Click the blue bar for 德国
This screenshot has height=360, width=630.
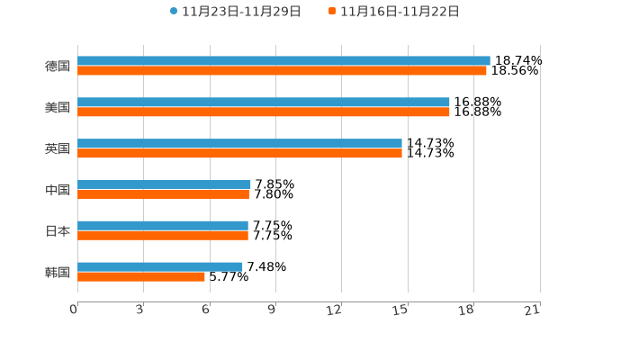tap(283, 61)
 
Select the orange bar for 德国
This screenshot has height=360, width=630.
tap(282, 70)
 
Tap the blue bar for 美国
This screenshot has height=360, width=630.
tap(264, 103)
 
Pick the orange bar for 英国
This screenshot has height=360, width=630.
tap(239, 153)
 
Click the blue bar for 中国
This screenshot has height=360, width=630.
tap(164, 184)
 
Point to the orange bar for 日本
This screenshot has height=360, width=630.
tap(163, 235)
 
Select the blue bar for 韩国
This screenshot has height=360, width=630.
tap(160, 266)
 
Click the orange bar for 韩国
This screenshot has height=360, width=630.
tap(141, 276)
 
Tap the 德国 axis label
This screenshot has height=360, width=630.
tap(58, 66)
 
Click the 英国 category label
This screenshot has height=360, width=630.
tap(58, 148)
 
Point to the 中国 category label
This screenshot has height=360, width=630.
tap(58, 190)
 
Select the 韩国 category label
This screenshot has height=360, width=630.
tap(58, 272)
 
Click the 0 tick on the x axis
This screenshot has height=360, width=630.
tap(74, 310)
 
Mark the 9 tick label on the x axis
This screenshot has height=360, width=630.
tap(272, 310)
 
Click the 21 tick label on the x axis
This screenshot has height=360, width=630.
tap(533, 310)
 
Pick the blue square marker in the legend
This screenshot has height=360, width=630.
tap(174, 12)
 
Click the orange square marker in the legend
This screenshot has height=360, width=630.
tap(332, 12)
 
